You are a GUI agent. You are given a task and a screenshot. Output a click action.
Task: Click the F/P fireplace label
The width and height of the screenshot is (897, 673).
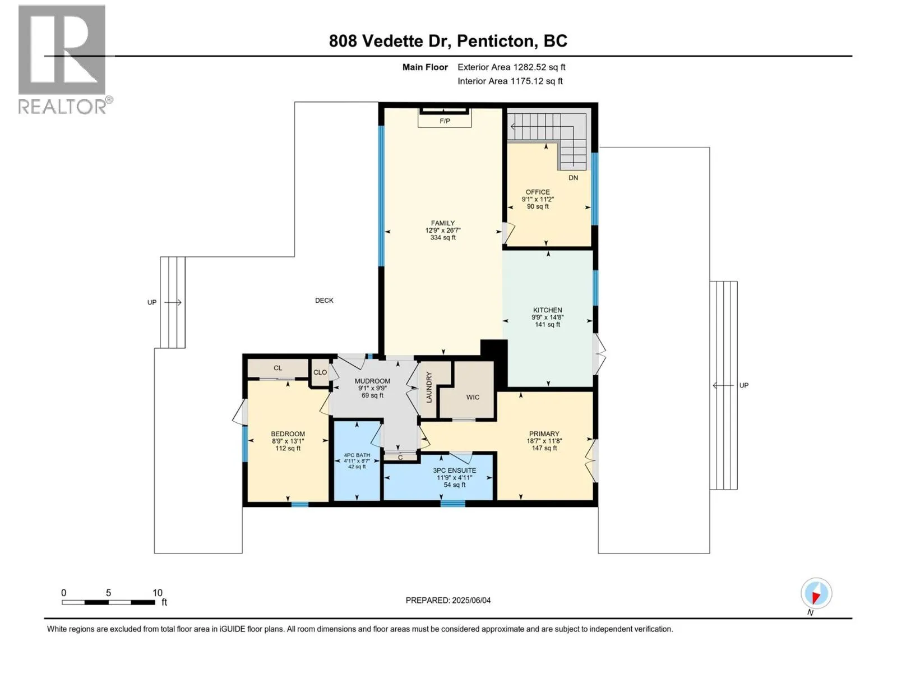[445, 121]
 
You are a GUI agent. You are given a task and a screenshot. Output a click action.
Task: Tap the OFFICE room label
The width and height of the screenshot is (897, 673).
[538, 192]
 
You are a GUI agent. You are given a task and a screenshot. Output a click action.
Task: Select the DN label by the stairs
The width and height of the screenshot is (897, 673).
[573, 178]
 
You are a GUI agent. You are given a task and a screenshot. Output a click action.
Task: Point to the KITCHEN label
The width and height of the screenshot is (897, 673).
[547, 310]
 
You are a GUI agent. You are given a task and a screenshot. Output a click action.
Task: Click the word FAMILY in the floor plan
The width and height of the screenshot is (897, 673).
[442, 223]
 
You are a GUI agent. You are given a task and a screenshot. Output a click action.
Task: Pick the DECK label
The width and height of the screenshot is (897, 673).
[324, 301]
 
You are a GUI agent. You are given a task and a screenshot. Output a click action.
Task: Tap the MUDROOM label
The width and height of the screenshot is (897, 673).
[372, 381]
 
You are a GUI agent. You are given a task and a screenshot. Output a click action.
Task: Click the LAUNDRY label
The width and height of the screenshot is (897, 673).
[429, 387]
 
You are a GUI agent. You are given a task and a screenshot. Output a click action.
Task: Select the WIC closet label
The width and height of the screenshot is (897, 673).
[473, 397]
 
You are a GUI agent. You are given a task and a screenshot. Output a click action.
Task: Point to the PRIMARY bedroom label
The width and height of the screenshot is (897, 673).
[544, 434]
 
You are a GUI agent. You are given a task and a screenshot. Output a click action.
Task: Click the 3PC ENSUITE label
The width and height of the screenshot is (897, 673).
[455, 471]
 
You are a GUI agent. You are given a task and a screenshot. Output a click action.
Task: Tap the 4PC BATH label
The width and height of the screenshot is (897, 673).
[357, 455]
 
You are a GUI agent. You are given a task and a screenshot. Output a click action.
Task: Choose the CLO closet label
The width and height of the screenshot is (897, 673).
[320, 372]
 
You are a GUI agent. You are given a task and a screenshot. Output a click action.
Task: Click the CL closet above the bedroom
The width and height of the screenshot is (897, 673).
[278, 368]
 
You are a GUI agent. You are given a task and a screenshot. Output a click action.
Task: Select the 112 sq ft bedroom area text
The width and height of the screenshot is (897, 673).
[288, 448]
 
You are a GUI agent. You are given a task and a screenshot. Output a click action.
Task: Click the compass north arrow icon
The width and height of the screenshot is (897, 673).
[816, 593]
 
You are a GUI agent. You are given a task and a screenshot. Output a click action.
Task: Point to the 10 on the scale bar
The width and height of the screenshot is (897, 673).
[158, 593]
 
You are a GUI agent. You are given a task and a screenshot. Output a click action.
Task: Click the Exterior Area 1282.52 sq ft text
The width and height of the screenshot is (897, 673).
[511, 67]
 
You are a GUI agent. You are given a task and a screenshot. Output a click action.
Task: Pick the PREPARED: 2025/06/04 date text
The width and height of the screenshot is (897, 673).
[448, 600]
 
